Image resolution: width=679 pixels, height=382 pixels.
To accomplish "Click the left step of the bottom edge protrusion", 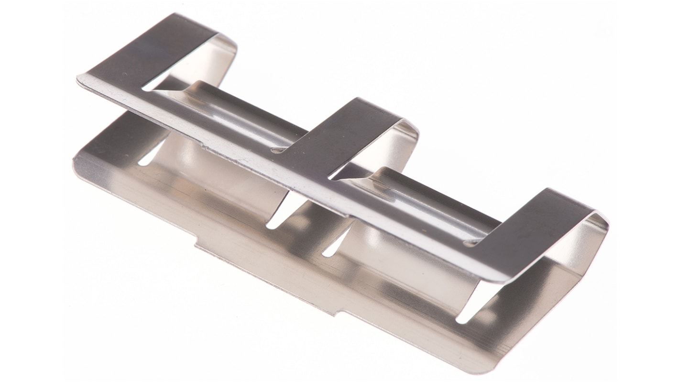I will click(x=197, y=246).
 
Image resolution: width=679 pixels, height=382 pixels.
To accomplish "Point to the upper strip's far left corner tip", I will click(x=79, y=77).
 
